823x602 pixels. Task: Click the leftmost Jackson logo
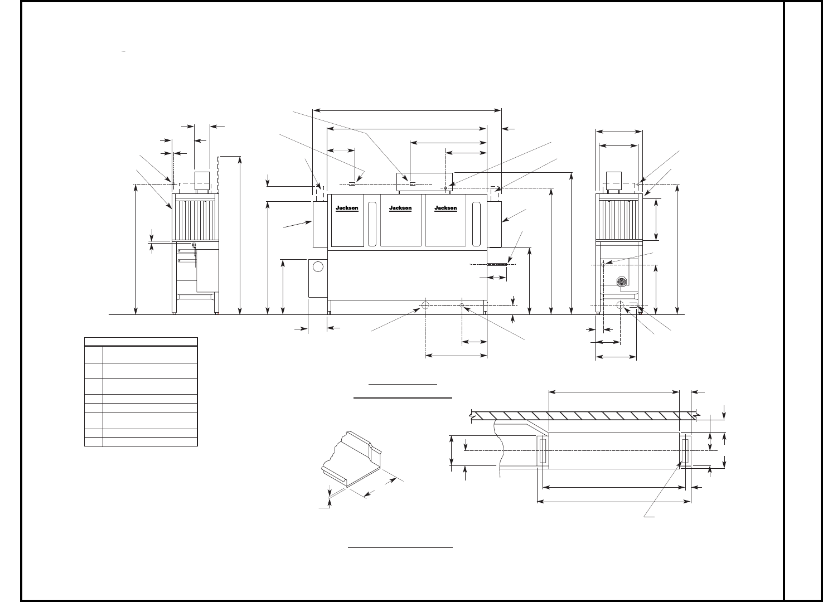point(347,208)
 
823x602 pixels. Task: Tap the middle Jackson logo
point(400,208)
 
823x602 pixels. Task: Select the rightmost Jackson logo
point(446,208)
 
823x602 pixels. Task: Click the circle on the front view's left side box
point(318,266)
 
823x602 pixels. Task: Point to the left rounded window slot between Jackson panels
point(372,224)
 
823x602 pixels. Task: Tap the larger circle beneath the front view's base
point(425,305)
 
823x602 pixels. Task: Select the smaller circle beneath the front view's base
point(462,304)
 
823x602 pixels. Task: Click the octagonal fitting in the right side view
point(622,282)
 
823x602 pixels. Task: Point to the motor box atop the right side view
point(613,179)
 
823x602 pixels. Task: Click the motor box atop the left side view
point(201,179)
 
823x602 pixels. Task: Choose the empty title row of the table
point(141,342)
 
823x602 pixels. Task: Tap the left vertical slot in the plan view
point(541,450)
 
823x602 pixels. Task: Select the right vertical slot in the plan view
point(685,450)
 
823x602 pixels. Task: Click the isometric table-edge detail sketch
point(351,460)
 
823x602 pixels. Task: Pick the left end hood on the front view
point(319,225)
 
